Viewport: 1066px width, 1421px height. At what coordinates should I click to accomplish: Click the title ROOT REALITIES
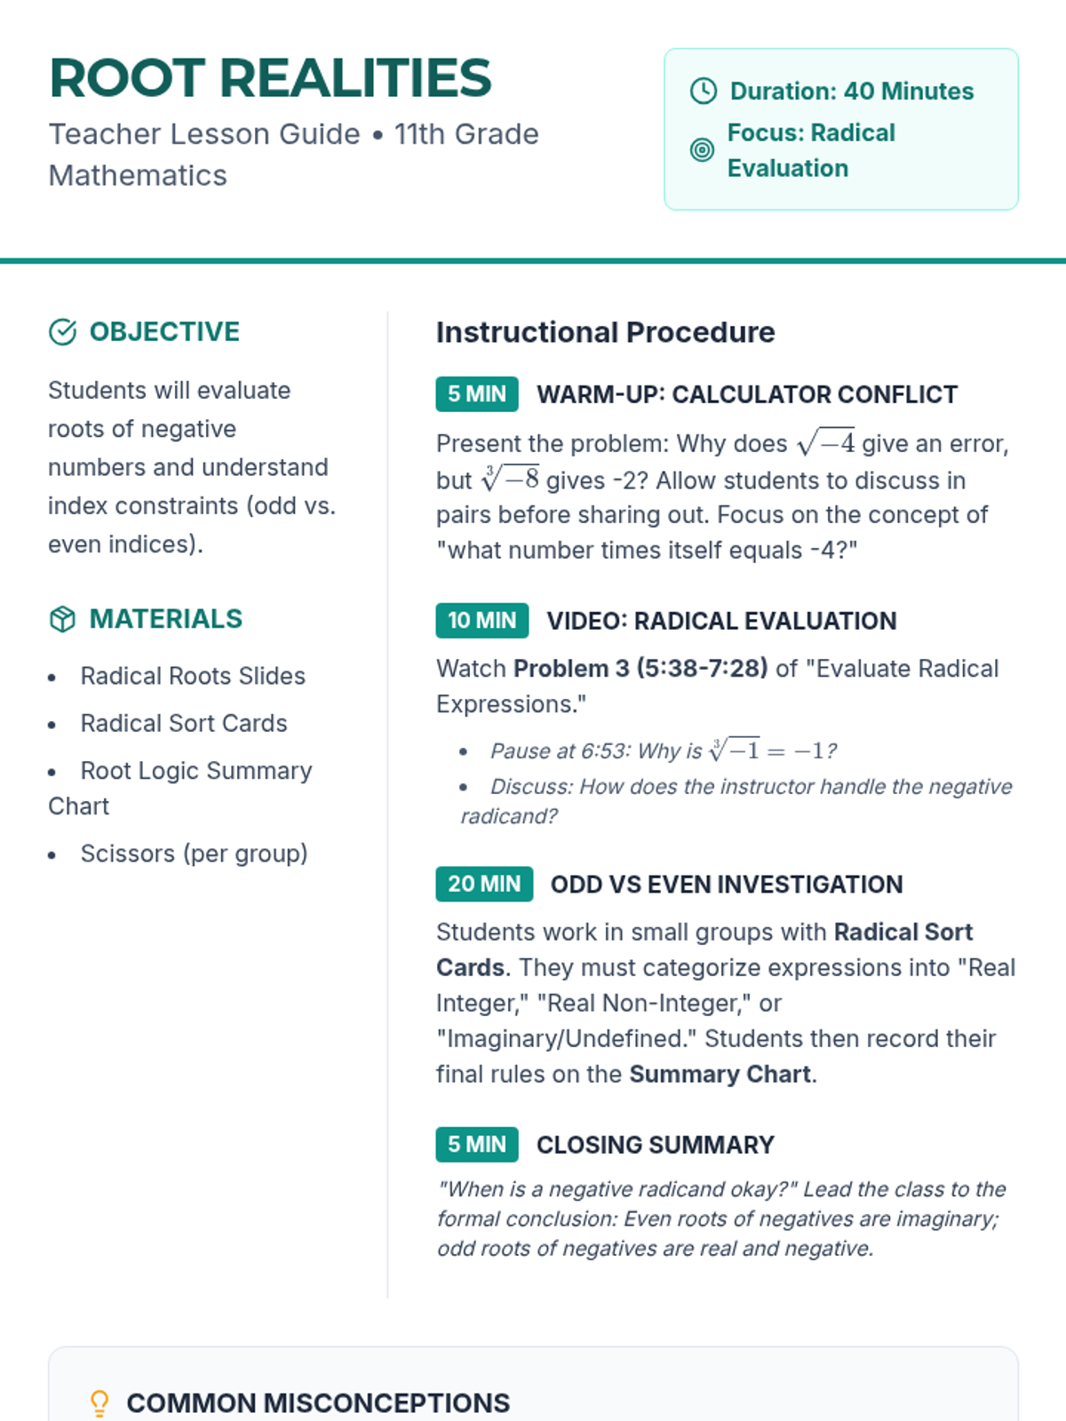(x=270, y=78)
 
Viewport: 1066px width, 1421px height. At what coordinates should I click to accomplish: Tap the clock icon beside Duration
(x=704, y=91)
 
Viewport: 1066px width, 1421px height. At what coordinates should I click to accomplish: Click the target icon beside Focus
(x=702, y=150)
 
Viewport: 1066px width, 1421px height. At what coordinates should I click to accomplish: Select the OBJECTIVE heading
(x=164, y=331)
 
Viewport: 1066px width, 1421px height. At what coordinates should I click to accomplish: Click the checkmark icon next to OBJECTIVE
(x=62, y=332)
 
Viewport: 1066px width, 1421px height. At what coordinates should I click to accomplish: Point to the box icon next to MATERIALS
(x=62, y=619)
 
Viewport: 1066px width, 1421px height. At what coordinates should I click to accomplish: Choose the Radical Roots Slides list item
(x=193, y=676)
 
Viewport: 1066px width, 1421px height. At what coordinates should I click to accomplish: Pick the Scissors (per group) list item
(x=194, y=853)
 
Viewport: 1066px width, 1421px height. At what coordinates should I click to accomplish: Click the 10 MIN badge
(x=481, y=620)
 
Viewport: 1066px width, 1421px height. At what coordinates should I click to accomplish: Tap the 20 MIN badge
(x=484, y=884)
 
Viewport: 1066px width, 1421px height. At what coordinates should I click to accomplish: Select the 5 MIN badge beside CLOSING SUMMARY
(x=477, y=1145)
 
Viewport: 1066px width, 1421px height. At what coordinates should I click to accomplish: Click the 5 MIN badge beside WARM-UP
(x=477, y=394)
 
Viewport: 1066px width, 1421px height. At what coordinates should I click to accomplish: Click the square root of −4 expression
(x=826, y=442)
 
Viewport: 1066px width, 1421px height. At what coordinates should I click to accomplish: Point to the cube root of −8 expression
(x=510, y=480)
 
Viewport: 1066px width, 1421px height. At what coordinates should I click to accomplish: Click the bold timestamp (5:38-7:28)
(x=702, y=668)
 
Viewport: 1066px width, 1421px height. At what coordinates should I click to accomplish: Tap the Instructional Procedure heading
(x=605, y=332)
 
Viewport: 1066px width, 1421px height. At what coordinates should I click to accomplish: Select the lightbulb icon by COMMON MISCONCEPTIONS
(x=99, y=1403)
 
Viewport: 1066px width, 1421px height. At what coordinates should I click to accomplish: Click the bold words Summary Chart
(x=720, y=1074)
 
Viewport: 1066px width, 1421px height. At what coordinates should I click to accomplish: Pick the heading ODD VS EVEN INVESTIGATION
(x=727, y=885)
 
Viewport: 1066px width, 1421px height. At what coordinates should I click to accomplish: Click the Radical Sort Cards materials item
(x=184, y=723)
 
